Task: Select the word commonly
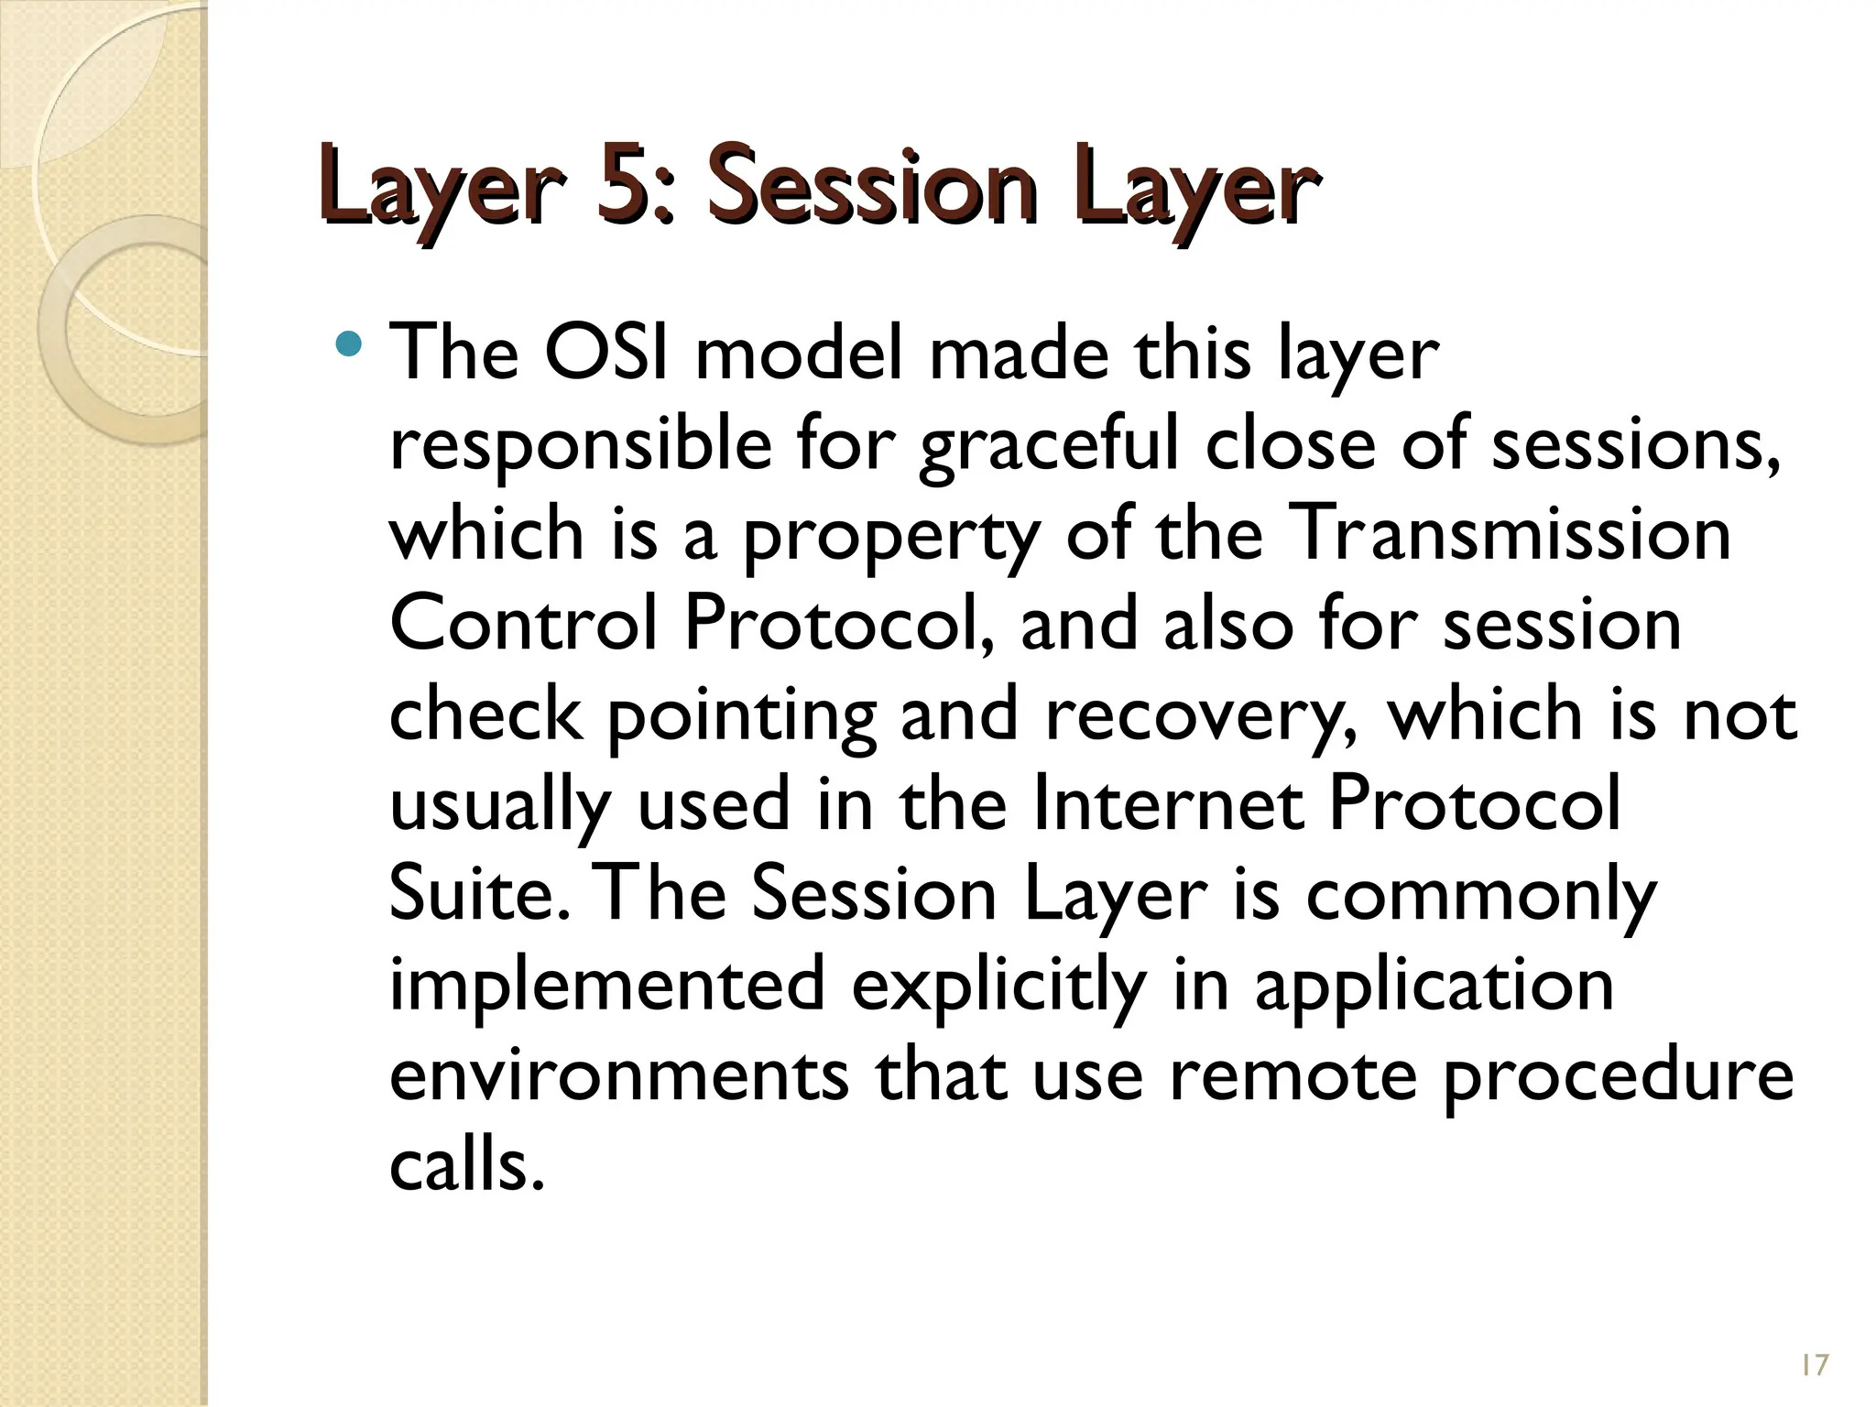point(1480,892)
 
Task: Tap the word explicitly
point(998,982)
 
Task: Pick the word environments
point(618,1072)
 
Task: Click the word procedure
point(1617,1072)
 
